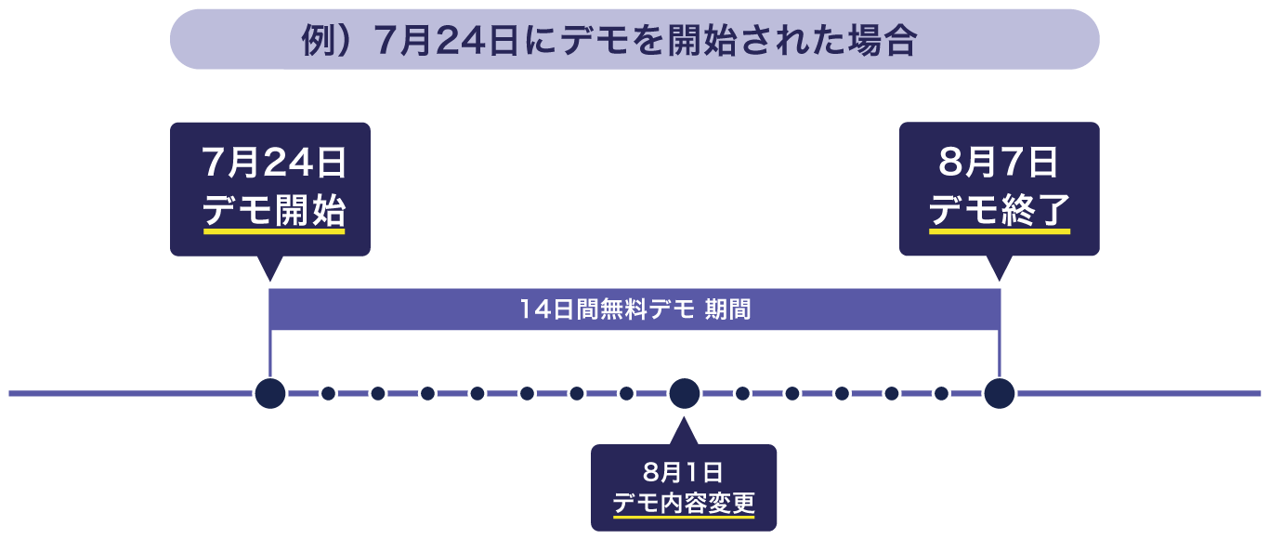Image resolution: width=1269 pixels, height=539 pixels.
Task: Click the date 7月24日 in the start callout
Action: [274, 164]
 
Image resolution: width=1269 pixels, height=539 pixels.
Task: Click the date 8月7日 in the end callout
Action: [999, 164]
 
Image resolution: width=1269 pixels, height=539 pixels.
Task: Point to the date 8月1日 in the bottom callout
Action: [683, 472]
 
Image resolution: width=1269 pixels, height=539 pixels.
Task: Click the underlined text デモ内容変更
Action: [683, 504]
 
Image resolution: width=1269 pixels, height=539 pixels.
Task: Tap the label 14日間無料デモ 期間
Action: [634, 309]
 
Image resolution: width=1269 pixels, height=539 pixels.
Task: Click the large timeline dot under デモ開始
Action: [269, 393]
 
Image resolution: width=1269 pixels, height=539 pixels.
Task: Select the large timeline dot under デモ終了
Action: [1000, 393]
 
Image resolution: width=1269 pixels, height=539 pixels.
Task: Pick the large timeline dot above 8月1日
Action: [684, 393]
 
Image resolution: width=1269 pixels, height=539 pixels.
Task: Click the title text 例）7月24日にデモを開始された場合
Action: [609, 41]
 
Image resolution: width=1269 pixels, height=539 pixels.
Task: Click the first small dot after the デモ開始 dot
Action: [328, 393]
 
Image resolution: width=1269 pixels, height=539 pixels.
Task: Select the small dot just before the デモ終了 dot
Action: [941, 393]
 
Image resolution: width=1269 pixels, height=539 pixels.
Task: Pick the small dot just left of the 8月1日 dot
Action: [627, 393]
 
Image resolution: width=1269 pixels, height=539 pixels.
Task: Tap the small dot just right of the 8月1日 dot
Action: [742, 393]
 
